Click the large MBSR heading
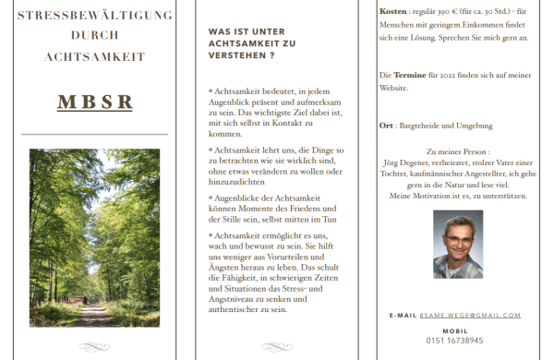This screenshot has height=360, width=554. point(94,102)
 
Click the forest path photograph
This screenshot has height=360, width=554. point(94,237)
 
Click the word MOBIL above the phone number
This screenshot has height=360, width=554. point(454,330)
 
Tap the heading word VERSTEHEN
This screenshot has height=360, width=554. point(235,55)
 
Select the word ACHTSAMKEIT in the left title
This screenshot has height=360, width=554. point(94,57)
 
